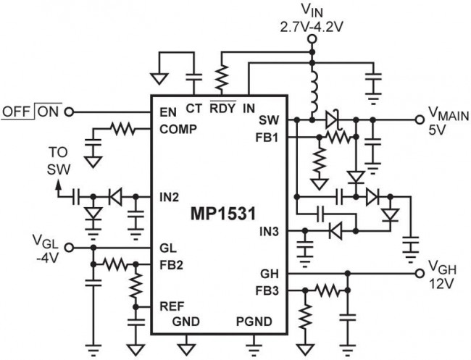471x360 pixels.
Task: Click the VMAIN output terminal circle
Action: pyautogui.click(x=417, y=119)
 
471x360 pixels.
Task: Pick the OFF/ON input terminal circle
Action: pyautogui.click(x=70, y=112)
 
